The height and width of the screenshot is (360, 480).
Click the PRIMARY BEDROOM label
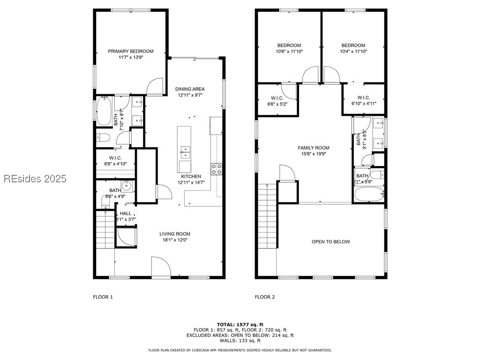131,52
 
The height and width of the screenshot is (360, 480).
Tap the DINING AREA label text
190,89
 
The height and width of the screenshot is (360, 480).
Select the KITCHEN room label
191,177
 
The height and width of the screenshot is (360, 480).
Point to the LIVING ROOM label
174,234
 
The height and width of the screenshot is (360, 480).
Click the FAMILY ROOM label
314,148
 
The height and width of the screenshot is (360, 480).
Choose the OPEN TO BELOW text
330,242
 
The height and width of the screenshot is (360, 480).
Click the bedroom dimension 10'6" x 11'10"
289,52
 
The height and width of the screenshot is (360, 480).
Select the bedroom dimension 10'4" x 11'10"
353,52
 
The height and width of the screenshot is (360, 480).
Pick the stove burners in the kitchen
216,169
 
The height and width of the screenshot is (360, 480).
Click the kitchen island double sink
185,152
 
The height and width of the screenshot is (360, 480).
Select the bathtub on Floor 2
369,194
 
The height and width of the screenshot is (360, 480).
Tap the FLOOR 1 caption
103,297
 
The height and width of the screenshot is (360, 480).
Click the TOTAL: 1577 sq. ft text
240,324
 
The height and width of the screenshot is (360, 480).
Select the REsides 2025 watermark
35,179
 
